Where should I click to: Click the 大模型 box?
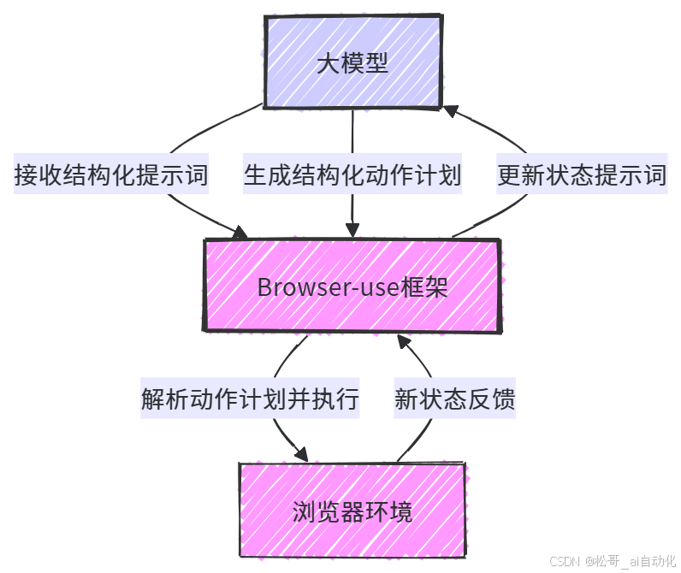click(x=352, y=62)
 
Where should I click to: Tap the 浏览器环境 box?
click(x=352, y=511)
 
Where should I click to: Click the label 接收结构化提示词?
click(x=111, y=176)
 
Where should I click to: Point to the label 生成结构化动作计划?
click(x=352, y=176)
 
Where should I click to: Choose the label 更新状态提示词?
click(x=582, y=176)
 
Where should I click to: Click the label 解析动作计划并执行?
click(x=250, y=399)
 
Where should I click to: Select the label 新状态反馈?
click(x=454, y=399)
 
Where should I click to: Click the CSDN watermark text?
click(x=564, y=561)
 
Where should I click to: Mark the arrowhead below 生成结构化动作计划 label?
click(x=352, y=231)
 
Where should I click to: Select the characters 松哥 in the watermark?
click(x=607, y=561)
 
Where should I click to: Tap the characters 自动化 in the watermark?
click(x=657, y=561)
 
